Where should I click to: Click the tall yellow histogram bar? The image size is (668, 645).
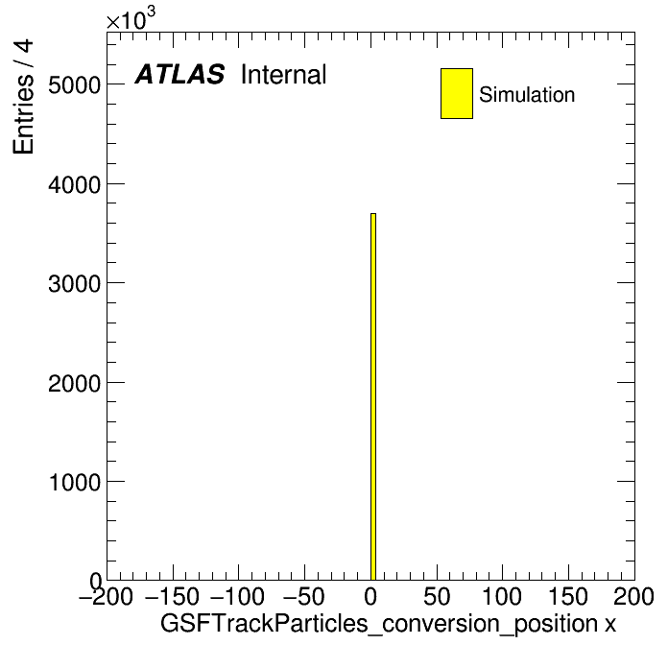373,396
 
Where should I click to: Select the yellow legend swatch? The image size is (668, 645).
457,93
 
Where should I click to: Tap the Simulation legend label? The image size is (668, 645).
527,95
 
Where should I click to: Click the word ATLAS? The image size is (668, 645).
179,74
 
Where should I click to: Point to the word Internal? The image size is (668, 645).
284,74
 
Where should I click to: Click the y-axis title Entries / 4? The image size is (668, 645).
23,97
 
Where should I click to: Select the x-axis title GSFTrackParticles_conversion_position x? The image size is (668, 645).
388,625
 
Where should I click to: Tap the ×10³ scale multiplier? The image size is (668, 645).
131,19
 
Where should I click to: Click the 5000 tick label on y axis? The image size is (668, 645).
75,84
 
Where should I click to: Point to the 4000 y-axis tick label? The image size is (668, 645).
75,184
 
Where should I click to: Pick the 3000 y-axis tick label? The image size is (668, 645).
75,283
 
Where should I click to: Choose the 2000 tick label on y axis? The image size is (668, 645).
75,383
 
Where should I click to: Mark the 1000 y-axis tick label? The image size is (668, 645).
75,482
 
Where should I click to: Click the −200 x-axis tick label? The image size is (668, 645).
106,596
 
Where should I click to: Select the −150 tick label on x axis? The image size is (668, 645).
172,596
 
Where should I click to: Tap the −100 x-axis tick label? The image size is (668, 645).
238,596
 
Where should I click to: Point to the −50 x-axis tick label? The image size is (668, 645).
303,596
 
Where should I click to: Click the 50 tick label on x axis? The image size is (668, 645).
437,596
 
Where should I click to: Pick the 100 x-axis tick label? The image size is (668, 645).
502,596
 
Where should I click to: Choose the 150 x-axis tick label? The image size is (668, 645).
568,596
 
